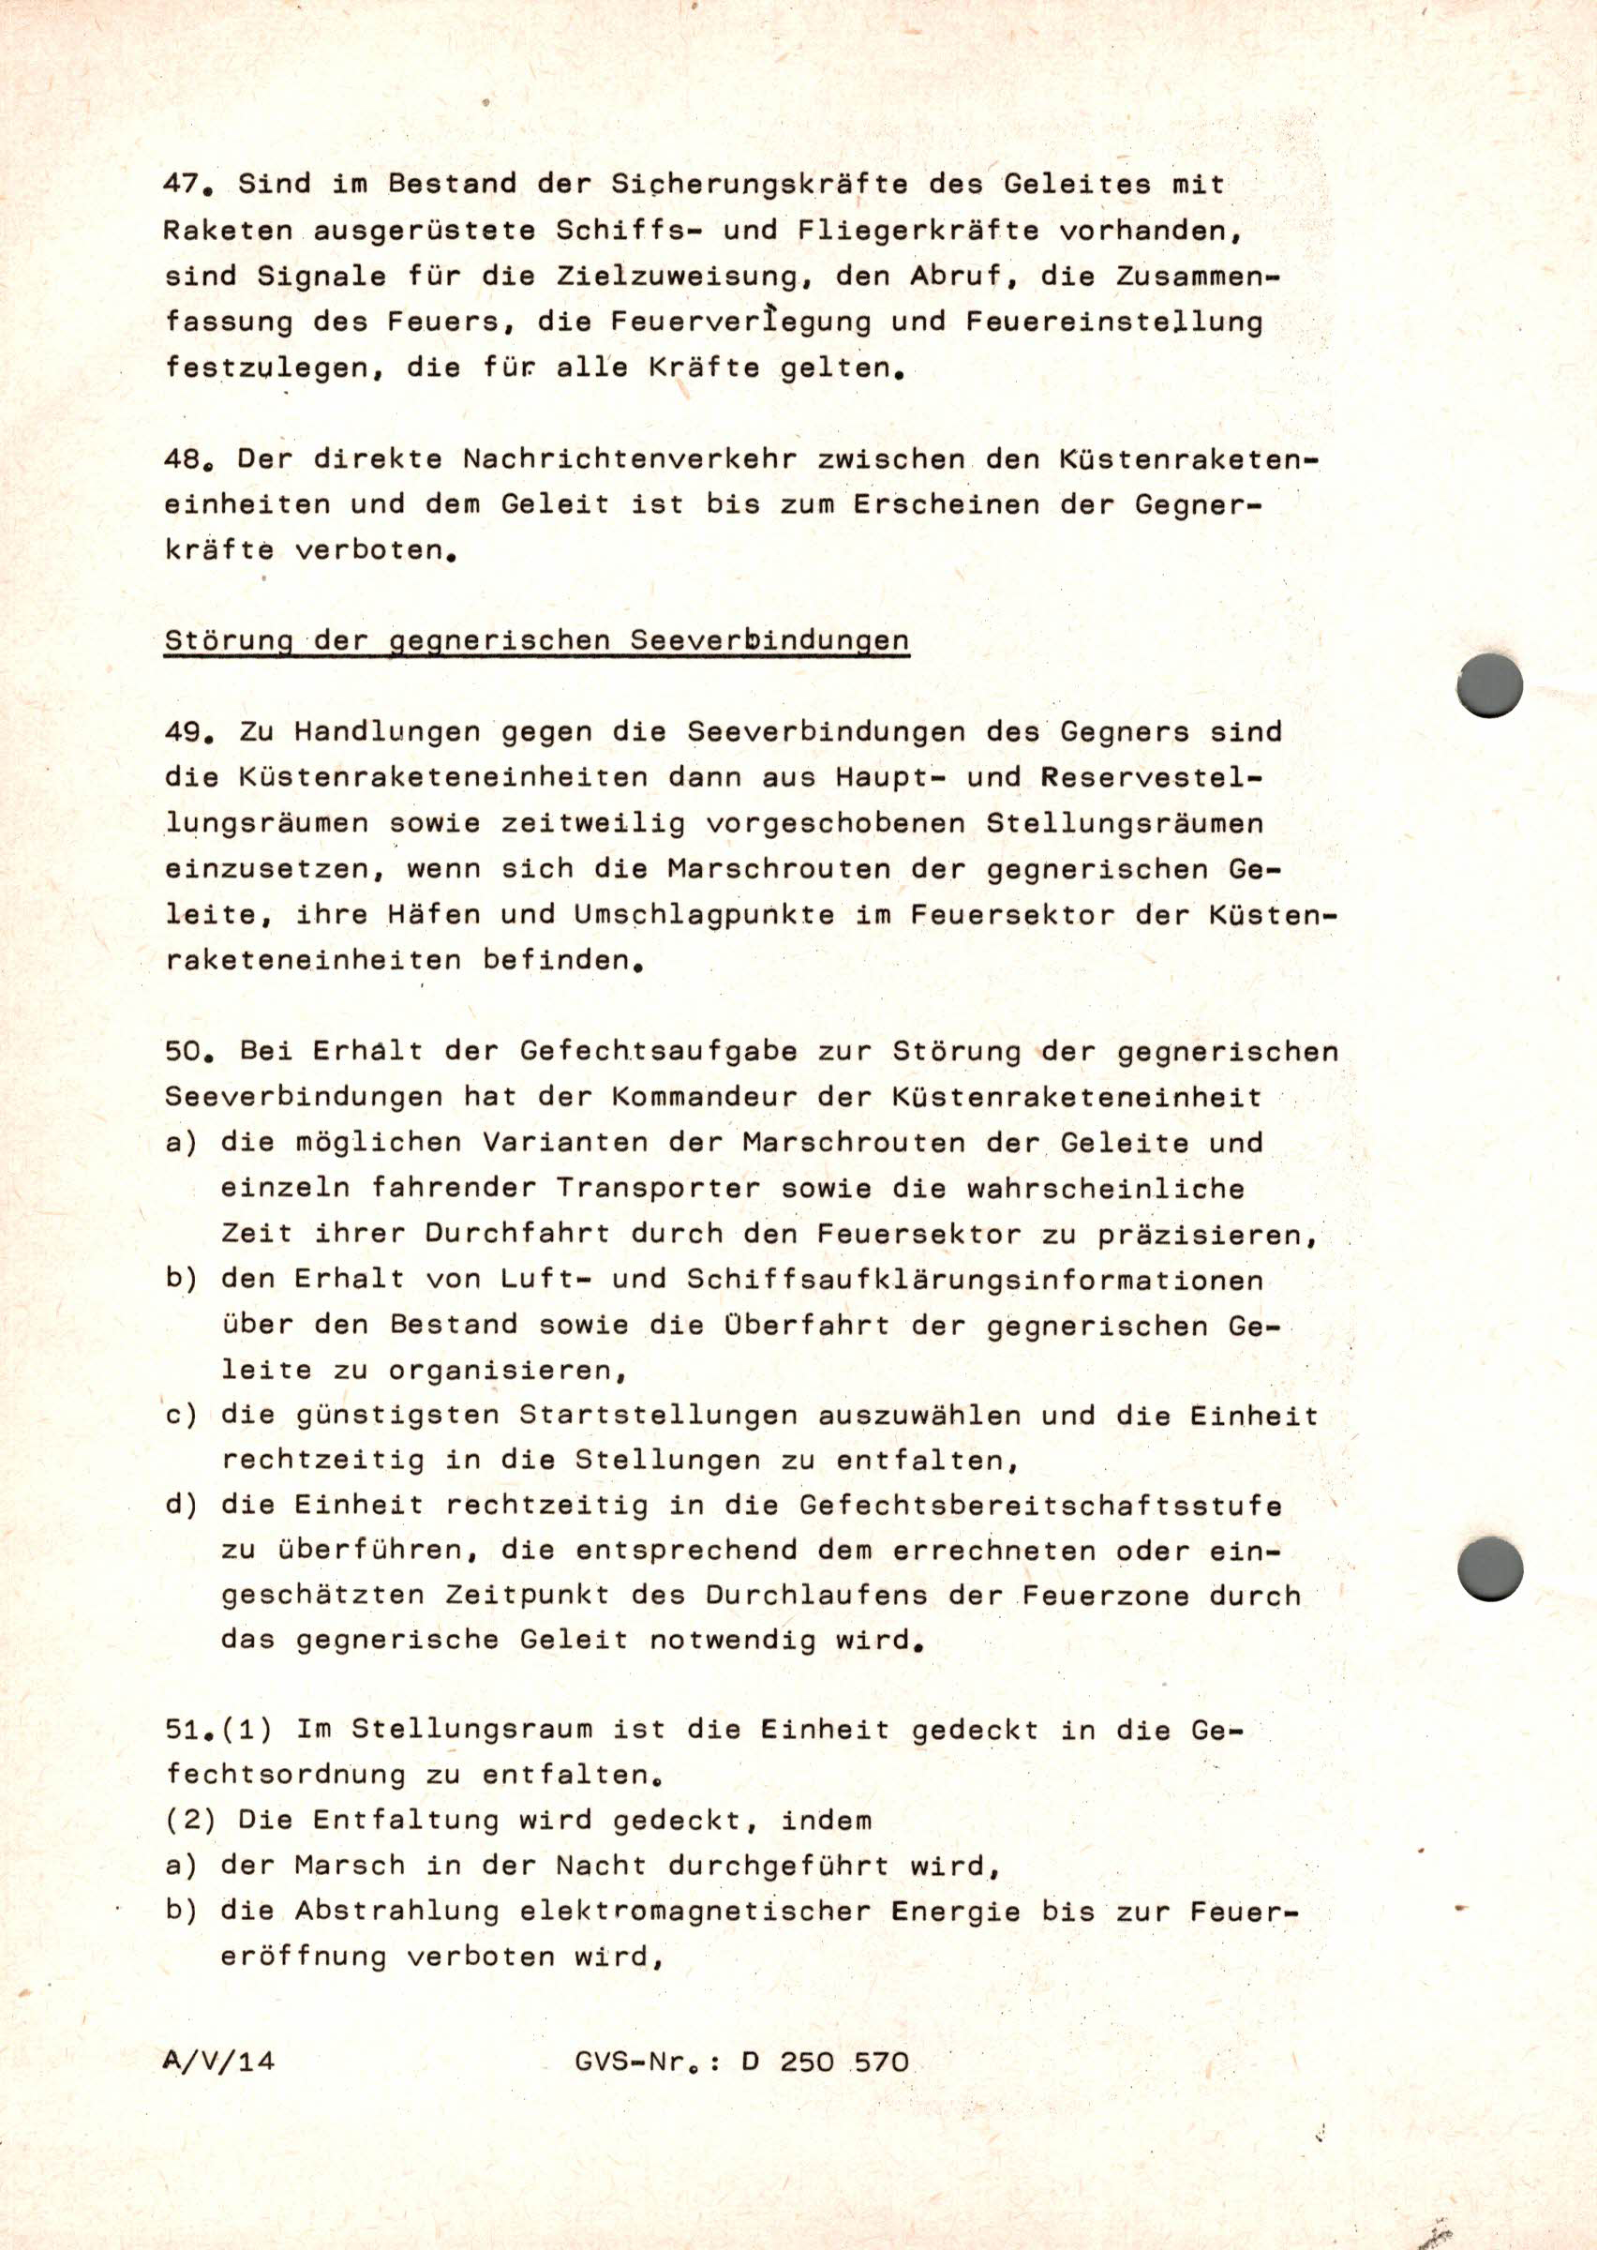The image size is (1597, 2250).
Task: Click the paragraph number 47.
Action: (x=186, y=184)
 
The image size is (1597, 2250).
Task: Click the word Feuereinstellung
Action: (x=1113, y=322)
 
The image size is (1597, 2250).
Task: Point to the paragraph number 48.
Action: (x=186, y=460)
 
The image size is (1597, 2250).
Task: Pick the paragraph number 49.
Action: (x=186, y=732)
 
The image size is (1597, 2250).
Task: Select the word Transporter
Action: (x=658, y=1189)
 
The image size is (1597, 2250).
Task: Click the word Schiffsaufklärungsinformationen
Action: (x=974, y=1281)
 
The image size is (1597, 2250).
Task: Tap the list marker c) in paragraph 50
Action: (x=181, y=1416)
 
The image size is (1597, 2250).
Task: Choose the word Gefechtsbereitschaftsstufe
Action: (x=1040, y=1507)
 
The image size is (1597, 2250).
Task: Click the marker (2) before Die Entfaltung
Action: (x=191, y=1821)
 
